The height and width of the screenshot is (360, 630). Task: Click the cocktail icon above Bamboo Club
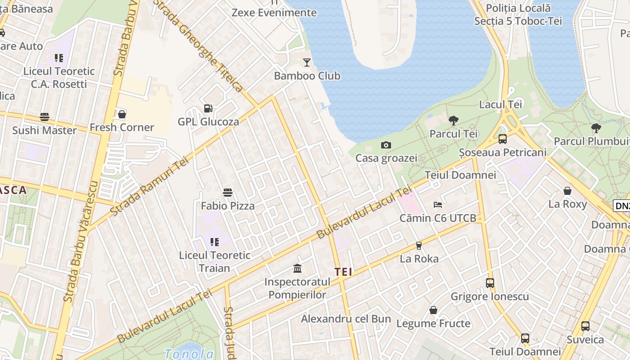pyautogui.click(x=307, y=62)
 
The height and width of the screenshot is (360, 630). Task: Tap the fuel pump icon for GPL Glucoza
pyautogui.click(x=208, y=108)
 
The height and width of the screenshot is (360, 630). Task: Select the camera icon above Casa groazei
pyautogui.click(x=386, y=145)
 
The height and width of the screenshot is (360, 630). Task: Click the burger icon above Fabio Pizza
pyautogui.click(x=228, y=193)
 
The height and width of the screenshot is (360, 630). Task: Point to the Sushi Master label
pyautogui.click(x=44, y=130)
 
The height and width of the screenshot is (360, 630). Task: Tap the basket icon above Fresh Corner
pyautogui.click(x=121, y=114)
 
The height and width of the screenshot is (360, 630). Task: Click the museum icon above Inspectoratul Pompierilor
pyautogui.click(x=297, y=269)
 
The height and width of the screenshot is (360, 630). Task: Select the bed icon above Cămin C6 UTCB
pyautogui.click(x=438, y=205)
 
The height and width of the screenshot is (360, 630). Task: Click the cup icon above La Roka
pyautogui.click(x=419, y=245)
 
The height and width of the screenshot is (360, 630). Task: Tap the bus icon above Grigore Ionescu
pyautogui.click(x=490, y=283)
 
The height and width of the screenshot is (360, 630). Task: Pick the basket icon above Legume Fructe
pyautogui.click(x=433, y=310)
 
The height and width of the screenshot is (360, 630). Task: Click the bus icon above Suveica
pyautogui.click(x=585, y=326)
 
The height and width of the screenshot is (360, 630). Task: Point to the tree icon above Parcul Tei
pyautogui.click(x=453, y=120)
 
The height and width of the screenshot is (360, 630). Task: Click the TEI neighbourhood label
pyautogui.click(x=343, y=272)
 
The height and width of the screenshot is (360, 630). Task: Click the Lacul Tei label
pyautogui.click(x=500, y=104)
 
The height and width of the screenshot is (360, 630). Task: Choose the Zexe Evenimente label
pyautogui.click(x=274, y=13)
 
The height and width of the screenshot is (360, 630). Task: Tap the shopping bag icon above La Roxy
pyautogui.click(x=567, y=191)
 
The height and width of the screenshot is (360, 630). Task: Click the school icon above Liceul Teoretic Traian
pyautogui.click(x=215, y=242)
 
